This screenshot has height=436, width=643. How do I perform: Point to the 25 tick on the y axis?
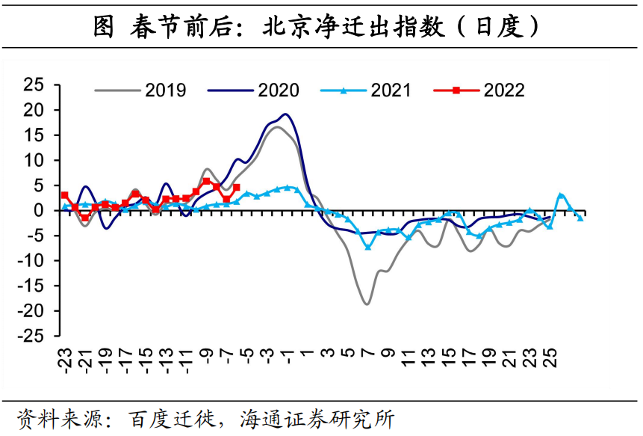pos(34,85)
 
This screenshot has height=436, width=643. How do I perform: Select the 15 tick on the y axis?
pos(34,135)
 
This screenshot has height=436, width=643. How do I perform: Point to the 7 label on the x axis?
pos(367,353)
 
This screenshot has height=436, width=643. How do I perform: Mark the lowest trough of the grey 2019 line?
pos(367,304)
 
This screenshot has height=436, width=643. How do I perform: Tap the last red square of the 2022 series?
pos(237,188)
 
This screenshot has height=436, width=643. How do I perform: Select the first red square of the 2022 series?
pos(64,195)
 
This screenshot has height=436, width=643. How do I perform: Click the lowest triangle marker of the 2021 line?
pos(367,247)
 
